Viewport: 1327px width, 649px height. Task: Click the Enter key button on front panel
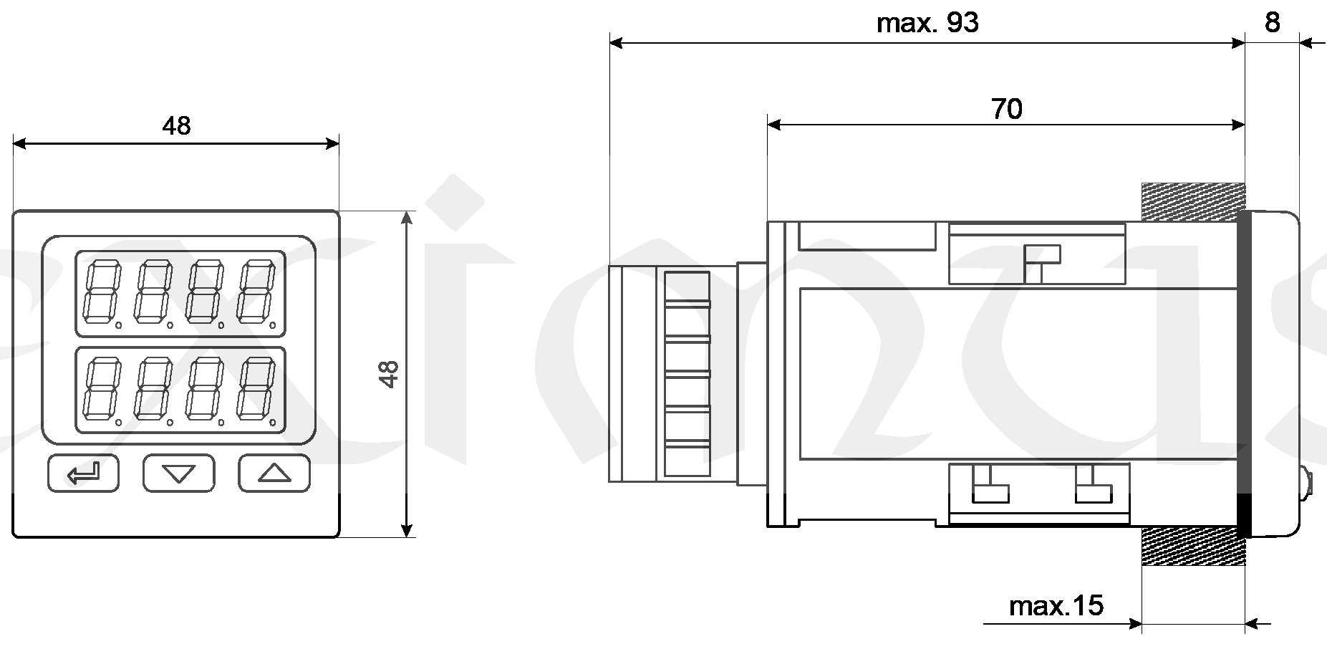[x=83, y=473]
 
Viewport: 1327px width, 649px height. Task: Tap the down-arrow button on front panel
[x=179, y=473]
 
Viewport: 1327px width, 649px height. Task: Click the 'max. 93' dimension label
[x=927, y=23]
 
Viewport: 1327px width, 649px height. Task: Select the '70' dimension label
[x=1006, y=109]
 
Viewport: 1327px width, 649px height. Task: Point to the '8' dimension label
[x=1272, y=22]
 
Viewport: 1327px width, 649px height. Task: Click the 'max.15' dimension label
[x=1056, y=606]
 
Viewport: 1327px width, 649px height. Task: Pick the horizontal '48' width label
[x=176, y=126]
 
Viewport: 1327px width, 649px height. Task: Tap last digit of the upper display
[x=257, y=293]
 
